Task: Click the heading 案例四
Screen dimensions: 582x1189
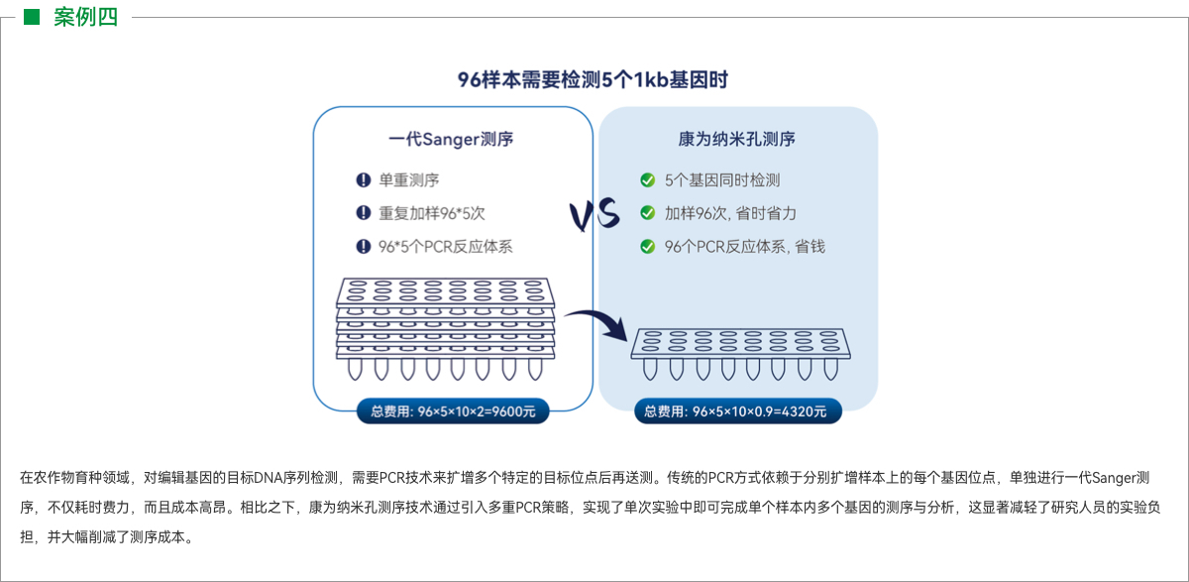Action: [85, 17]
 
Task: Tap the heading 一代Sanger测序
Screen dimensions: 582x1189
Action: [451, 140]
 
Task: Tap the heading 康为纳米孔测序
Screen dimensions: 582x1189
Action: [737, 140]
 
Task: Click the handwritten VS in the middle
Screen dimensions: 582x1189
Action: [594, 214]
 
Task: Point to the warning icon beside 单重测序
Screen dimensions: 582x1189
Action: [363, 180]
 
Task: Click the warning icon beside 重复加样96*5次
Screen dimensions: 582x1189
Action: [363, 213]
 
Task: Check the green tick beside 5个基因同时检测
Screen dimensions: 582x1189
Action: [647, 180]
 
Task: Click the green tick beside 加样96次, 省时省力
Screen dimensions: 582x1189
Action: [647, 213]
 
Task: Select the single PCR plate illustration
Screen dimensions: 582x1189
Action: [737, 353]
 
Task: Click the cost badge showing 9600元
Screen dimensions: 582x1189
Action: [453, 411]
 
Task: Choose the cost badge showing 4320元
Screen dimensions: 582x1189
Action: [737, 411]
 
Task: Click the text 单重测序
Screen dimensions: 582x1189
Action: [409, 180]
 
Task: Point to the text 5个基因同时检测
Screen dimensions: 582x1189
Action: [722, 180]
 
